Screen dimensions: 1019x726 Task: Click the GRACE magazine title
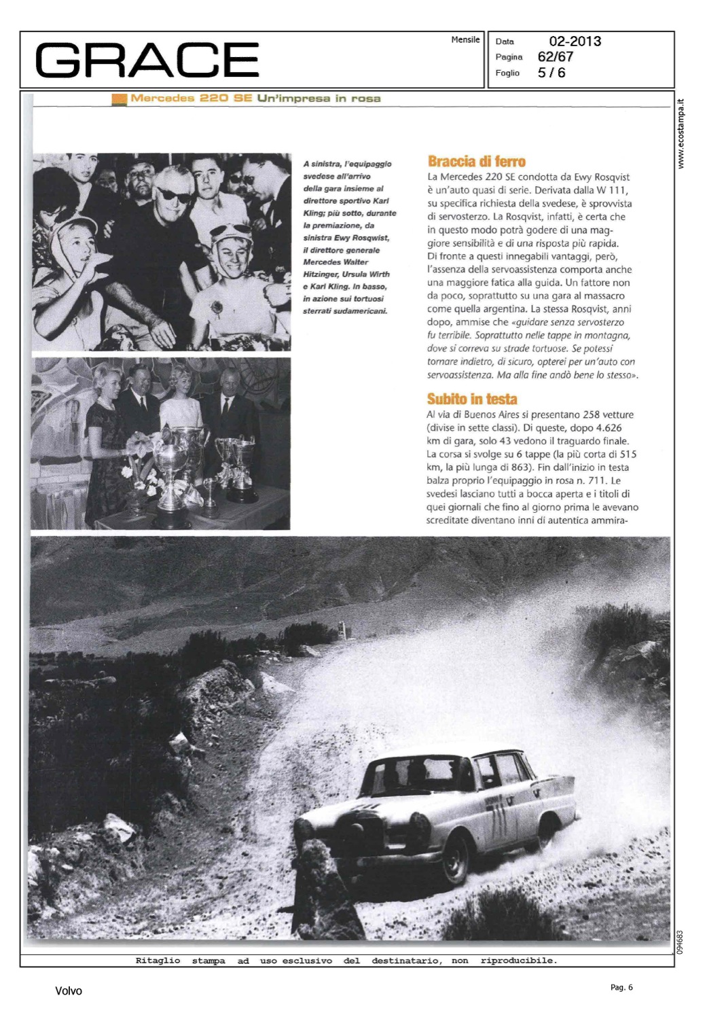point(147,60)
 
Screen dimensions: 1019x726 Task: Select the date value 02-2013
point(575,41)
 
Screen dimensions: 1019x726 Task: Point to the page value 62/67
point(555,57)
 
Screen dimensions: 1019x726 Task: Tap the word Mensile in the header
point(465,40)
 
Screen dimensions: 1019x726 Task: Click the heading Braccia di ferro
point(476,162)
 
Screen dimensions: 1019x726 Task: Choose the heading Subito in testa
point(472,399)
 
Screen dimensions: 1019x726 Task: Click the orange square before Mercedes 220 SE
point(120,99)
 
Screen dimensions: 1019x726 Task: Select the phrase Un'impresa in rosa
point(319,99)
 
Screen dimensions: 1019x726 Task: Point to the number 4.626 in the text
point(608,428)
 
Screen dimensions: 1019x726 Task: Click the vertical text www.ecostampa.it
point(681,134)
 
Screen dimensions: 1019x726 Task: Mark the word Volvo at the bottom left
point(68,991)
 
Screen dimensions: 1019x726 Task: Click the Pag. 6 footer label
point(621,987)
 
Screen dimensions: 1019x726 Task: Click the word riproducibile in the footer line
point(518,961)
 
